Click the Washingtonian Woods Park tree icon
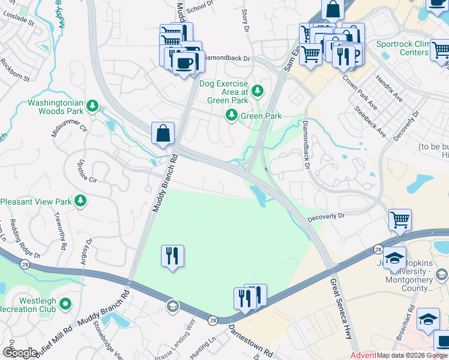(92, 107)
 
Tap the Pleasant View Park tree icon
(80, 202)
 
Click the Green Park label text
(261, 116)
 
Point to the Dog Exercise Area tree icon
(257, 91)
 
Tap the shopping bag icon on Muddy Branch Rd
(163, 133)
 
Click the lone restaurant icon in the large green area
(173, 256)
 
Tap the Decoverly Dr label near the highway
(327, 215)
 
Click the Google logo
(20, 353)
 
